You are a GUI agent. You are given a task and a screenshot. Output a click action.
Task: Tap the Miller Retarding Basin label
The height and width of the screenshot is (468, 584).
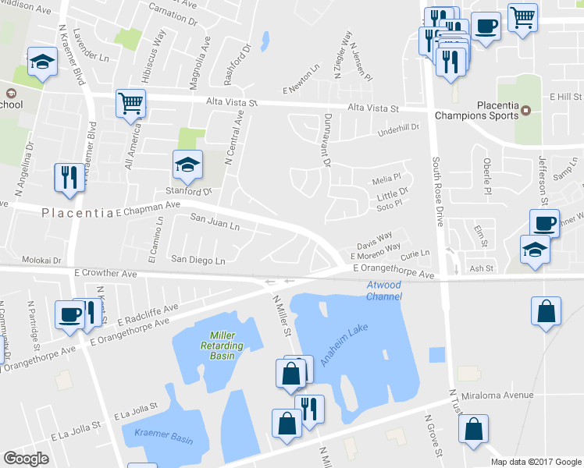pyautogui.click(x=211, y=345)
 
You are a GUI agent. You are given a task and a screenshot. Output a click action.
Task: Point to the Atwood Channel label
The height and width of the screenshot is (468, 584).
pyautogui.click(x=384, y=291)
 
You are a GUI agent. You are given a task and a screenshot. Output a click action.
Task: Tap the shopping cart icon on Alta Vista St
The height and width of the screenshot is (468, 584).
pyautogui.click(x=130, y=103)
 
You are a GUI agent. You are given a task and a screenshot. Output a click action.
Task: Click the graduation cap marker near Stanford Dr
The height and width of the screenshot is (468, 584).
pyautogui.click(x=187, y=165)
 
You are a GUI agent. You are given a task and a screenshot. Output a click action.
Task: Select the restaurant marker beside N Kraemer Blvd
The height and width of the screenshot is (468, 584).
pyautogui.click(x=69, y=177)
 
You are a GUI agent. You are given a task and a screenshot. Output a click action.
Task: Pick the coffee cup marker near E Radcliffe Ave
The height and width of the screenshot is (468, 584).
pyautogui.click(x=69, y=314)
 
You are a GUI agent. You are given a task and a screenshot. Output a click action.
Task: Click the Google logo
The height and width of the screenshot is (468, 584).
pyautogui.click(x=26, y=459)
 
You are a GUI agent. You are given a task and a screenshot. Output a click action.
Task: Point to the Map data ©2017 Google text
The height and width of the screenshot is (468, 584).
pyautogui.click(x=536, y=461)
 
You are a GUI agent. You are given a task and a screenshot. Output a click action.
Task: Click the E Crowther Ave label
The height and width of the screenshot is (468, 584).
pyautogui.click(x=106, y=274)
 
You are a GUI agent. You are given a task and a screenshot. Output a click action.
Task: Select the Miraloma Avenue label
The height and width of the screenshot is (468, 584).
pyautogui.click(x=497, y=395)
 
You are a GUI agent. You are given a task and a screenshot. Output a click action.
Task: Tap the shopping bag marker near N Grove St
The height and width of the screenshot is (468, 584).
pyautogui.click(x=472, y=429)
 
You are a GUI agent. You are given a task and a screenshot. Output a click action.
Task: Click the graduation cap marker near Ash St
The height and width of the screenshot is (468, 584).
pyautogui.click(x=535, y=250)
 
